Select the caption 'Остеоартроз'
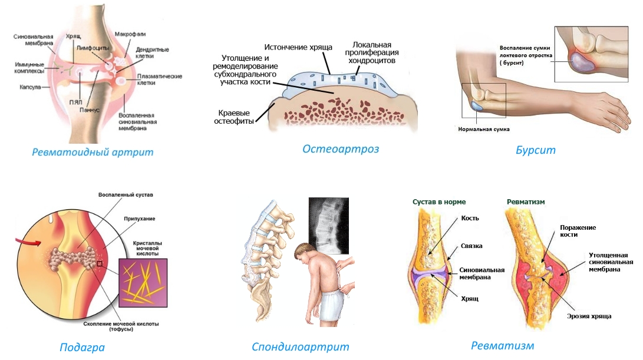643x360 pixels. [341, 149]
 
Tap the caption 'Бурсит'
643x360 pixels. [536, 150]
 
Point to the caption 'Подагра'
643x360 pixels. [82, 347]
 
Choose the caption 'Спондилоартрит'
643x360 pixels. [301, 347]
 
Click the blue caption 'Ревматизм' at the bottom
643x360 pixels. [503, 345]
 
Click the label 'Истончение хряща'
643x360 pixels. [298, 47]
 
